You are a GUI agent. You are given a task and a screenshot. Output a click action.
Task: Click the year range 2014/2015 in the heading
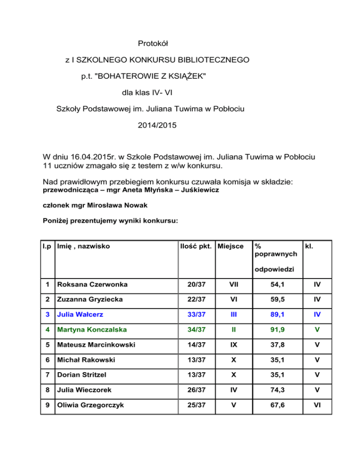154,126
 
